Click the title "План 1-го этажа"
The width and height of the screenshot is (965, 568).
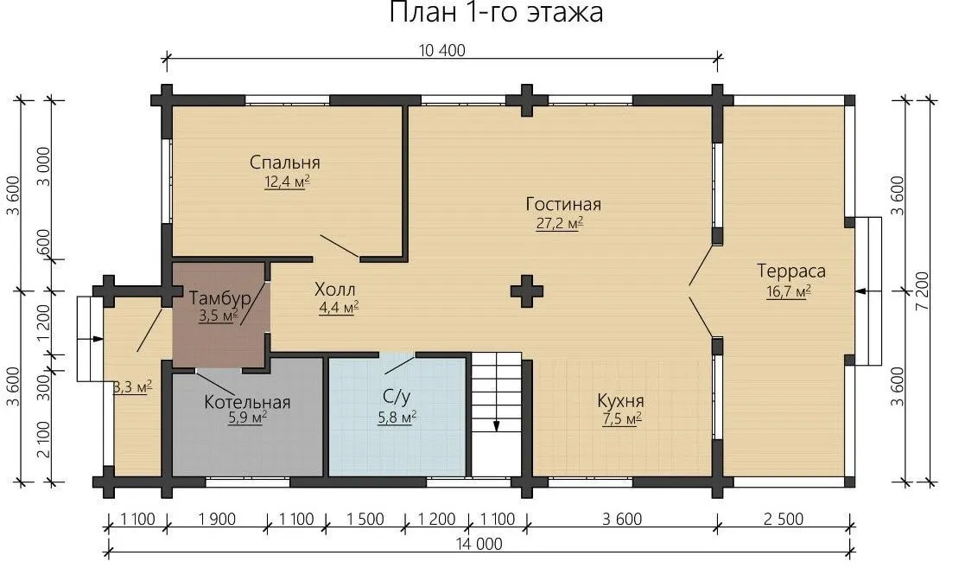click(x=496, y=12)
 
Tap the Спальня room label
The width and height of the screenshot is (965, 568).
click(x=285, y=163)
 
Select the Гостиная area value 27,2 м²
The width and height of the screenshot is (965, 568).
click(x=560, y=222)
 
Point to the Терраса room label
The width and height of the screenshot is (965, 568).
click(x=790, y=271)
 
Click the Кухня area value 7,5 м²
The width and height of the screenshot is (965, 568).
click(x=621, y=419)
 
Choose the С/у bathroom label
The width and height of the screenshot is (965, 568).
click(x=396, y=398)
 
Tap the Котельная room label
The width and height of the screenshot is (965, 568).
click(x=247, y=403)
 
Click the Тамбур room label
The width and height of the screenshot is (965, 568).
click(x=219, y=299)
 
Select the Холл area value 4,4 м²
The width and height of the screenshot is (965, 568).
click(x=339, y=308)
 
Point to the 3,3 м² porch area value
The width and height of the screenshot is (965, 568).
click(x=133, y=387)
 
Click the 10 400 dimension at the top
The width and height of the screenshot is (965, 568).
click(x=441, y=50)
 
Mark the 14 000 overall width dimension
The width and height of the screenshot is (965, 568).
click(x=479, y=544)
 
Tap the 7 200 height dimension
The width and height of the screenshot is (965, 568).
click(x=922, y=290)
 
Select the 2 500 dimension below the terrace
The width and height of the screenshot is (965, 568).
click(x=784, y=520)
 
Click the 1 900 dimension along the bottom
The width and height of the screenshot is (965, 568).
click(x=217, y=520)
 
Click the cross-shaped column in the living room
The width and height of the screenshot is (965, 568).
click(x=527, y=290)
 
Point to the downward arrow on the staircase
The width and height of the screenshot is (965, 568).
click(x=496, y=425)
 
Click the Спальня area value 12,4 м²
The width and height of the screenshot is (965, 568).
click(x=287, y=182)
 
